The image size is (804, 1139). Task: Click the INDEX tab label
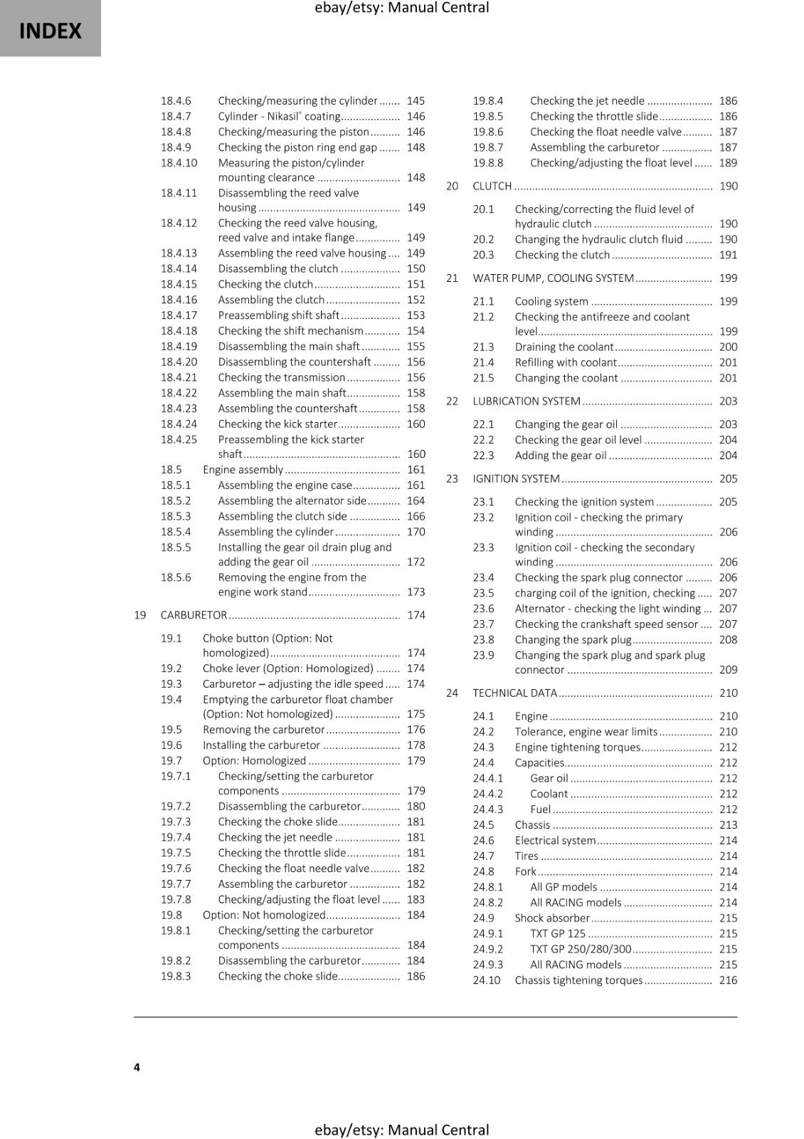click(50, 31)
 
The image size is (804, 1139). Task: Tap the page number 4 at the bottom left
click(137, 1066)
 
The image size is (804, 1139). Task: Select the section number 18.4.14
click(179, 268)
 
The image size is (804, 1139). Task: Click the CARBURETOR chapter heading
click(194, 615)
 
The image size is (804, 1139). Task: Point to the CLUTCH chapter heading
click(492, 186)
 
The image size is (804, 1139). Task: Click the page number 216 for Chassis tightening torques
click(728, 980)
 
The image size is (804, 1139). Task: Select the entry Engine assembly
click(243, 470)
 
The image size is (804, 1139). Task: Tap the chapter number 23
click(452, 478)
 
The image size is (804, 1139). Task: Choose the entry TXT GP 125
click(557, 933)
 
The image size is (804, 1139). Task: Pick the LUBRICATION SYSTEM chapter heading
click(527, 401)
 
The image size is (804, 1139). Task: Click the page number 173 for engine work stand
click(416, 592)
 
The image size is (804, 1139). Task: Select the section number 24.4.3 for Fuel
click(487, 809)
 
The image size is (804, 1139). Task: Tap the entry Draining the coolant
click(564, 347)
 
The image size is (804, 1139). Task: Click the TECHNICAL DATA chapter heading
click(514, 693)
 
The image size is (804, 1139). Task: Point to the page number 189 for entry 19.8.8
click(728, 163)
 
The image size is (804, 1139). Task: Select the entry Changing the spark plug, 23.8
click(573, 639)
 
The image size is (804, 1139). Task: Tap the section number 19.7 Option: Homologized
click(171, 760)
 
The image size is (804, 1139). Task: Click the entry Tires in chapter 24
click(527, 856)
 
